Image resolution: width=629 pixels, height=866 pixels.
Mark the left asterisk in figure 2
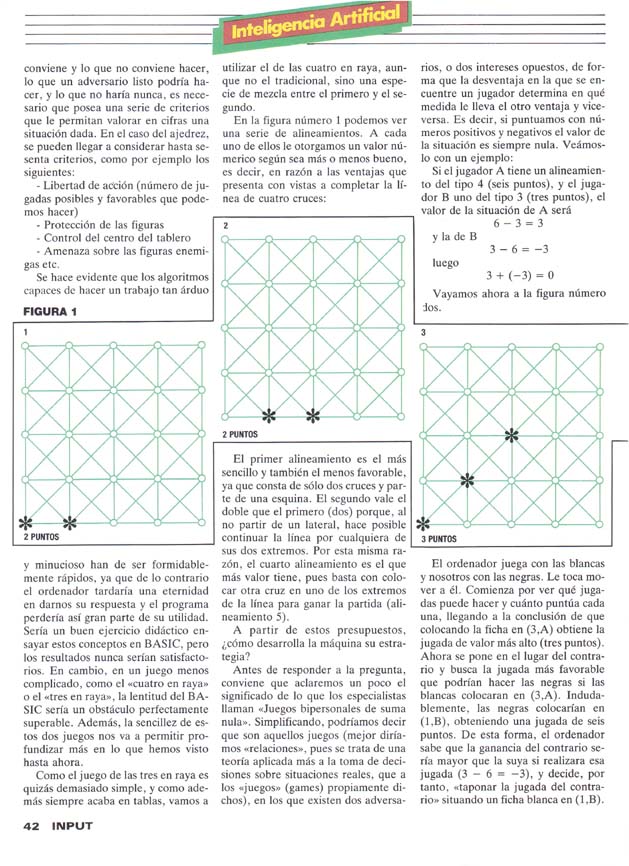268,415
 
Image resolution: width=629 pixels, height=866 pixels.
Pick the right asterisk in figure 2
312,415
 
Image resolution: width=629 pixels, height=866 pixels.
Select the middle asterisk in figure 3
467,479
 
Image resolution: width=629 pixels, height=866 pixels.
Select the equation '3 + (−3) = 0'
519,275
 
